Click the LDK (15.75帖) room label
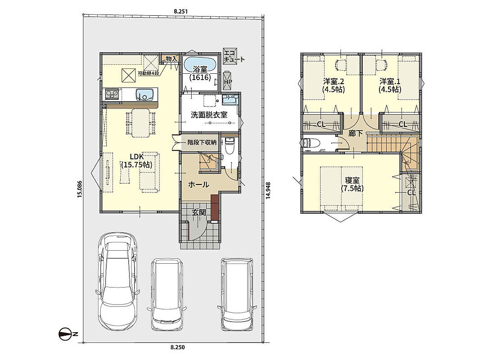click(x=136, y=160)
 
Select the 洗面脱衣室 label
click(x=209, y=115)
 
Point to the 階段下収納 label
click(x=202, y=143)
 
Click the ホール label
click(x=199, y=185)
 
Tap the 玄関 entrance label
click(x=199, y=212)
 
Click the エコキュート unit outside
click(x=230, y=56)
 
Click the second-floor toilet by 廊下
click(x=311, y=143)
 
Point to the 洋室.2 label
click(x=333, y=85)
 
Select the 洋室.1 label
click(x=390, y=85)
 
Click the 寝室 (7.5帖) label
click(x=352, y=184)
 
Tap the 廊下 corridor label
click(x=356, y=133)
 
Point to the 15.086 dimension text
click(x=80, y=189)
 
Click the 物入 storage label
click(x=172, y=58)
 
